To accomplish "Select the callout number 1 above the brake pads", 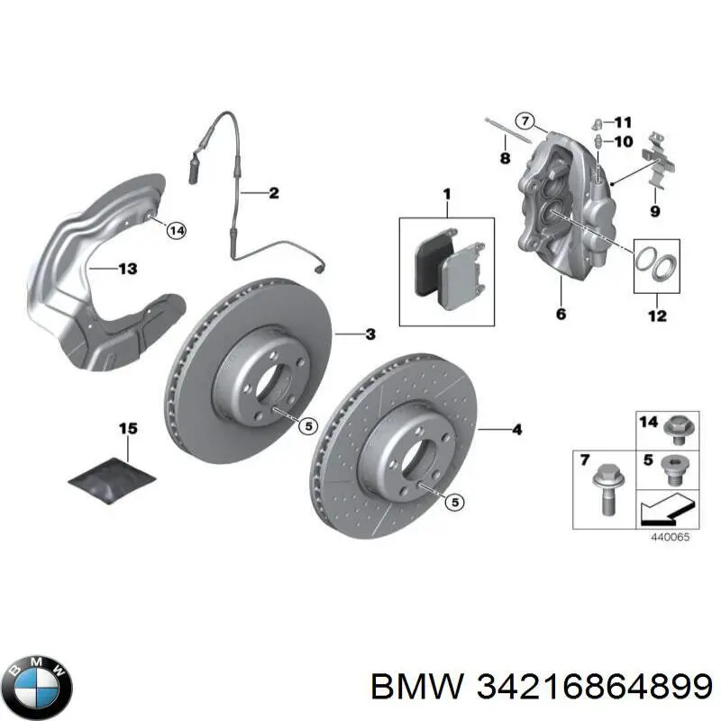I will click(445, 196).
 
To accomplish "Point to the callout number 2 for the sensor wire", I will click(273, 193).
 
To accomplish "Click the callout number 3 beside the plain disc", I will click(370, 335).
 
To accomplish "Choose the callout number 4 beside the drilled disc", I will click(516, 431).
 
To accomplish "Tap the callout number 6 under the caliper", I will click(561, 315).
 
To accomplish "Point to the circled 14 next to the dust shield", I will click(175, 232).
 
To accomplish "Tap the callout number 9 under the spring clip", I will click(655, 212).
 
